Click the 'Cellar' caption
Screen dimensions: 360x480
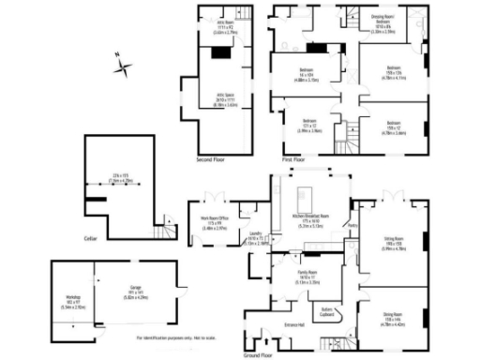90,239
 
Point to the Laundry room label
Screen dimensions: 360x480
253,239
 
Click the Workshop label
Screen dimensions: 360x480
62,302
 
